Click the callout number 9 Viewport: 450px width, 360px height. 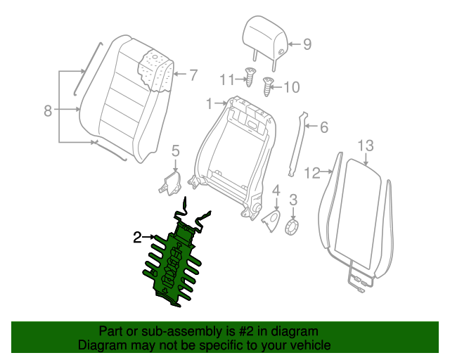(x=307, y=44)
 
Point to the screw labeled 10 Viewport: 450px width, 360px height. (x=268, y=87)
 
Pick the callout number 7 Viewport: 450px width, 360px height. (x=193, y=75)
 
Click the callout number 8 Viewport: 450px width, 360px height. (x=47, y=110)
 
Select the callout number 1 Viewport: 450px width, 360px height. (x=209, y=103)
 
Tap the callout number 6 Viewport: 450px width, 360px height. (x=323, y=127)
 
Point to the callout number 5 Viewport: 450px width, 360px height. (x=176, y=150)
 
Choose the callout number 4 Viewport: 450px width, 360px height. (x=276, y=190)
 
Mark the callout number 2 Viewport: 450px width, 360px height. (x=138, y=238)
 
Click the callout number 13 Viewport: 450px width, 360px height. (x=366, y=146)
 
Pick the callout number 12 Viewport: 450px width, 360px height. (x=312, y=171)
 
